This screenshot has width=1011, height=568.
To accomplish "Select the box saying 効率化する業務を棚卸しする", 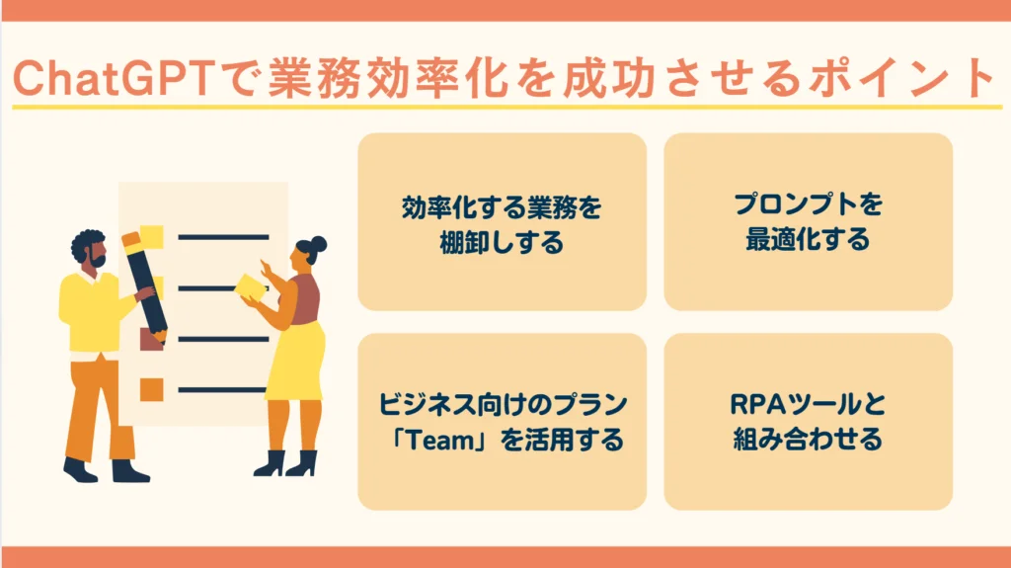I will coord(502,222).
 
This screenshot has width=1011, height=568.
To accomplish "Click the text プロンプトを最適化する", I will coord(808,222).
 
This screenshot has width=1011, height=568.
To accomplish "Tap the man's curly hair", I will coord(87,242).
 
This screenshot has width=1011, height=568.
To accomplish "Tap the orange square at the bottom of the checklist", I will coord(151,388).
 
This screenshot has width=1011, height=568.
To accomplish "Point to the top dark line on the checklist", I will coord(222,237).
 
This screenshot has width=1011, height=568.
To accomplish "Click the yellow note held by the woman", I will coord(251,286).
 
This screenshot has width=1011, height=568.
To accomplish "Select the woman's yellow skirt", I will coord(296,361).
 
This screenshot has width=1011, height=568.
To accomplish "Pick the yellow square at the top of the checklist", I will coord(151,236).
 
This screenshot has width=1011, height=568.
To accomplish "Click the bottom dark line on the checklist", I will coord(222,389).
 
